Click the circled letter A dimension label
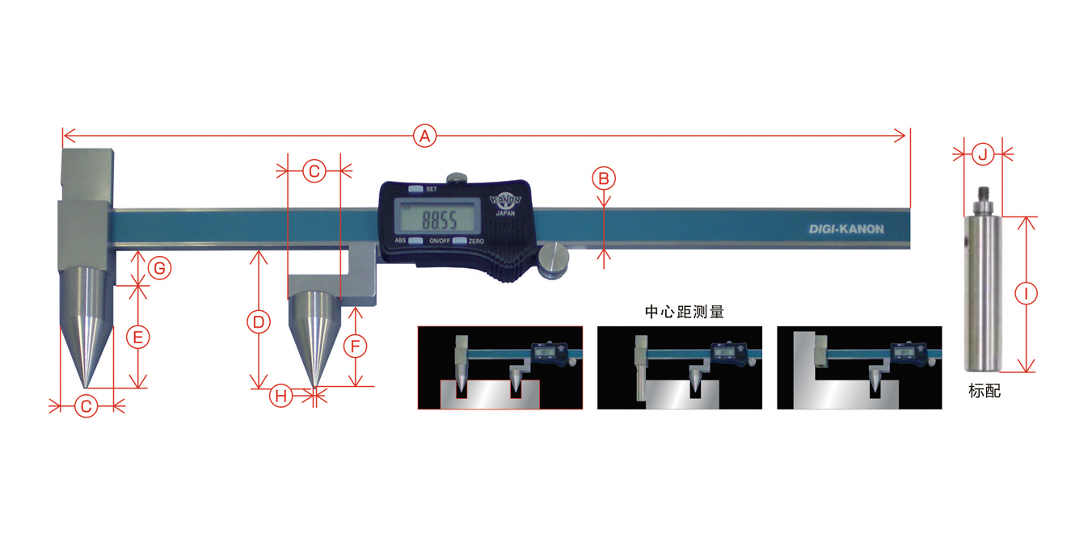[424, 136]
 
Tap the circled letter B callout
[604, 178]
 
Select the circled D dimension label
[259, 322]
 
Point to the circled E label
[138, 338]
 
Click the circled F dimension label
[356, 346]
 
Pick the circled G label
[159, 268]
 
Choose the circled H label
[281, 396]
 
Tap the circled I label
[1026, 293]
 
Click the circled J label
[983, 154]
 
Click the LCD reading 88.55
[439, 220]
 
